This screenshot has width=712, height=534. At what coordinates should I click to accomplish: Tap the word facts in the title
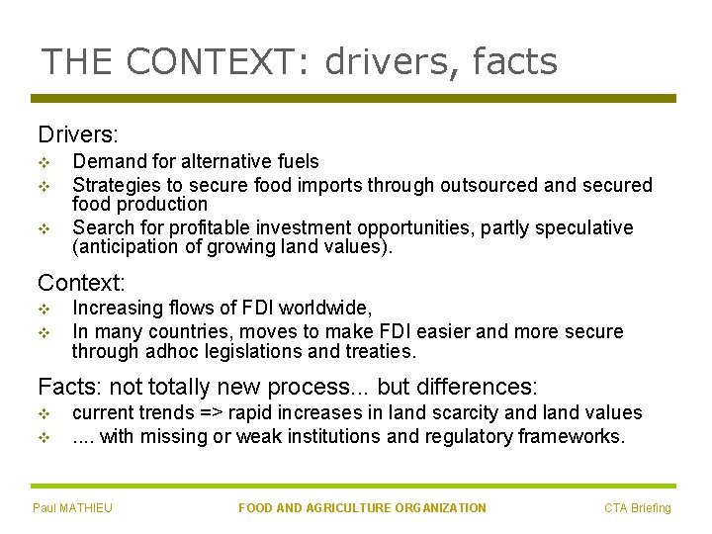tap(515, 62)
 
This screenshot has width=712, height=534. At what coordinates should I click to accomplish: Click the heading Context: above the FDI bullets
tap(81, 282)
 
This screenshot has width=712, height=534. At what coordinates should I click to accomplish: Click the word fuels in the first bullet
tap(298, 161)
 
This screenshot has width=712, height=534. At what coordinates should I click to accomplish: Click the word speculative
tap(585, 227)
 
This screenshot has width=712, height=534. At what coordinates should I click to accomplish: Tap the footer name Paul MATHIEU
tap(72, 508)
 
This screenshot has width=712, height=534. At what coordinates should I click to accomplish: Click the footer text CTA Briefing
tap(638, 508)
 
